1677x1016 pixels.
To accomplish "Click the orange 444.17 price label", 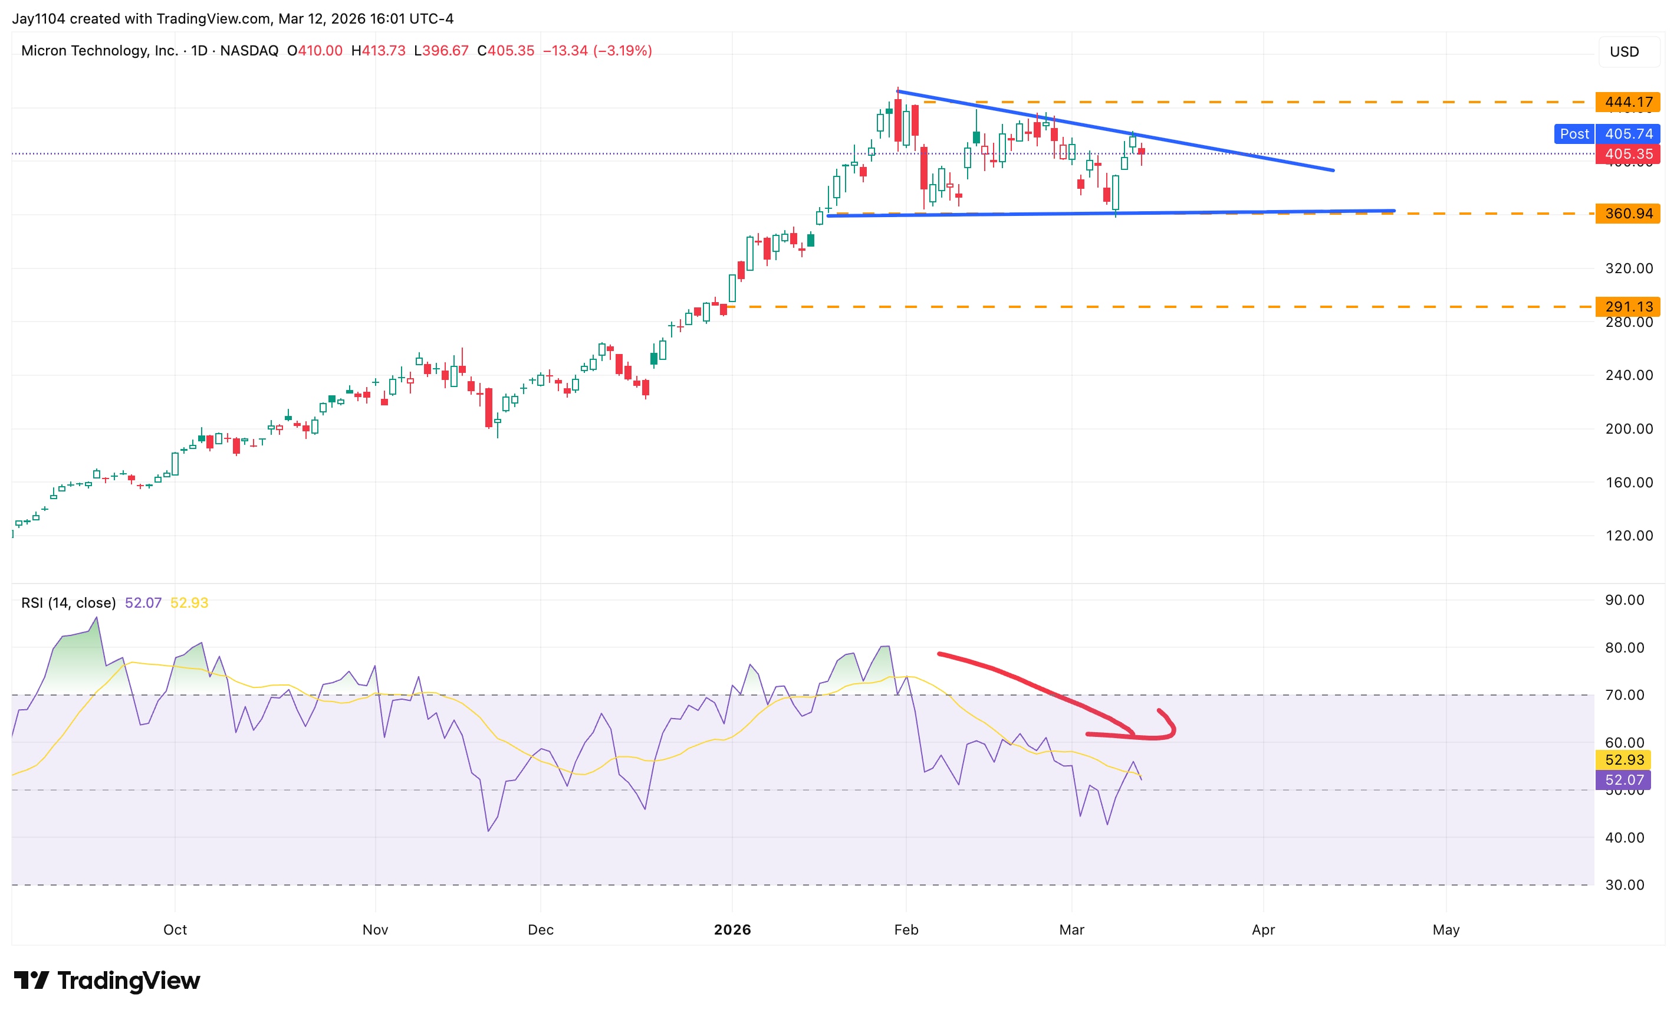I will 1627,102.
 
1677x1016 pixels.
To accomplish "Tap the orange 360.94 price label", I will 1627,213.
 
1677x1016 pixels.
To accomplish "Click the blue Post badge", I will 1574,133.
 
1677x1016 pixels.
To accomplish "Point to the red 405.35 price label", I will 1627,154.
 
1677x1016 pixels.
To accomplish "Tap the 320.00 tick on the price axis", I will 1629,268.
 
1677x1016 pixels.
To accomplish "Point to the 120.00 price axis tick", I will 1629,535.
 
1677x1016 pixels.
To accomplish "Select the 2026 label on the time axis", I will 732,929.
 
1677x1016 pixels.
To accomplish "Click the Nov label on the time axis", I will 375,929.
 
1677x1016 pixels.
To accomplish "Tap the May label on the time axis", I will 1446,929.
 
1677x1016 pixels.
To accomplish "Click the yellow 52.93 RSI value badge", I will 1624,759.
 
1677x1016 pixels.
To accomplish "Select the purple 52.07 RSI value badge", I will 1624,780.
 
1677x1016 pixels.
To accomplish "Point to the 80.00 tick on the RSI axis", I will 1624,648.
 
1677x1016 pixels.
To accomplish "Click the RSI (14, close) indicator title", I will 68,602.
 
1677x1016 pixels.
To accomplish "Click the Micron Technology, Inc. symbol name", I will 100,50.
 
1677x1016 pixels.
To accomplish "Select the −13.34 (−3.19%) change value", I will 597,50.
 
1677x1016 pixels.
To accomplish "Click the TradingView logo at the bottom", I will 107,981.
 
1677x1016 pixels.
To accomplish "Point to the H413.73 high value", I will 378,50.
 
